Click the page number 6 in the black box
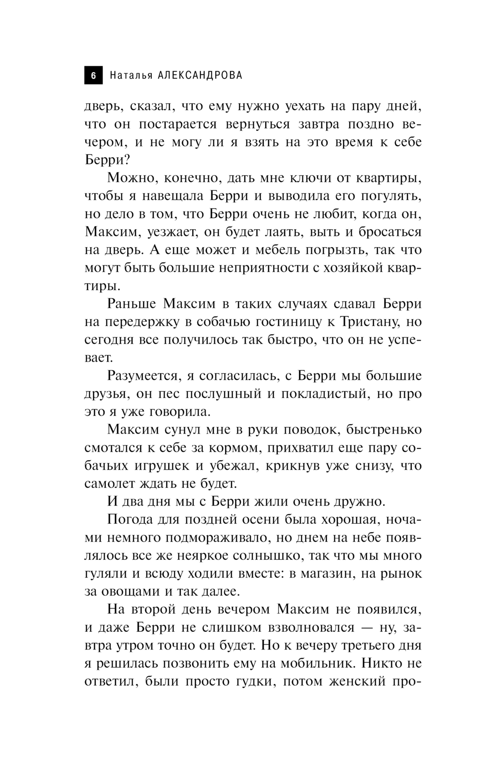[93, 76]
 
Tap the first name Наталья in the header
[131, 75]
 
